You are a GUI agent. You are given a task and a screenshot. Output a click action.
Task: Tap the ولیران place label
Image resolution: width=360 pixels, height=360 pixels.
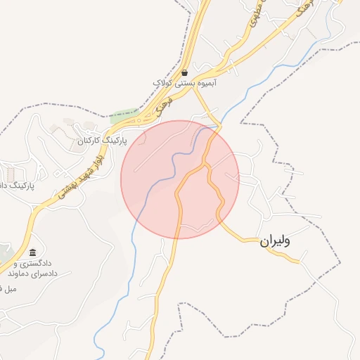274,240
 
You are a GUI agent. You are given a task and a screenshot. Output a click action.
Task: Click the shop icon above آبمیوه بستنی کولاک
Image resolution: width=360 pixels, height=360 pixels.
184,72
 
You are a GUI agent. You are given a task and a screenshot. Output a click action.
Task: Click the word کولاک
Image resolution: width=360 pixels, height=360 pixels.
163,83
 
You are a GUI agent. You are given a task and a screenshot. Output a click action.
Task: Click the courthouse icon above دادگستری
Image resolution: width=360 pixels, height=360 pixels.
32,252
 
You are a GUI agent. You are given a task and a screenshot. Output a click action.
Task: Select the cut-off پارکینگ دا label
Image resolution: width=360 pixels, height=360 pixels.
14,186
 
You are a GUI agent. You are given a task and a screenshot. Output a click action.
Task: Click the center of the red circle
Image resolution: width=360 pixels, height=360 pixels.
180,179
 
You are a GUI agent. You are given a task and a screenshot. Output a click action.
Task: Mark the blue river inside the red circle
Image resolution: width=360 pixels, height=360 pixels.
169,169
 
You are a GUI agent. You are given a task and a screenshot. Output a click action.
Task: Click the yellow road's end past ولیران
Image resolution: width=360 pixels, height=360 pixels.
300,262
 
